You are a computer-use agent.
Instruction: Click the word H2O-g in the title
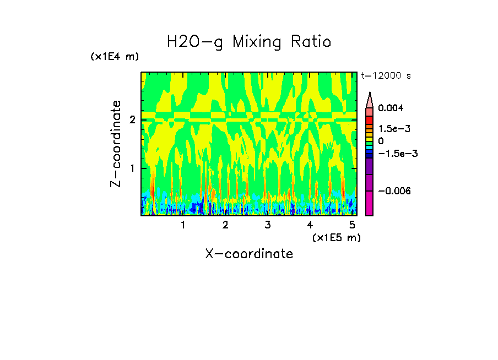[195, 42]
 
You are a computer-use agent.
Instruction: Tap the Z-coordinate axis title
[116, 144]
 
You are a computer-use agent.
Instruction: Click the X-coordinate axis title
[249, 254]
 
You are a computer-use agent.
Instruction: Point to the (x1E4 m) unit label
[115, 57]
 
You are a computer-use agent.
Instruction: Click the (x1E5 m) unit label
[336, 237]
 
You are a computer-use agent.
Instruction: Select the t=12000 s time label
[386, 75]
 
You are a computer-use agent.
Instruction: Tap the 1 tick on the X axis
[183, 225]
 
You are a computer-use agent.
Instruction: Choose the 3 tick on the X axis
[267, 225]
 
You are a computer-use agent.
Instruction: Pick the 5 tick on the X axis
[351, 225]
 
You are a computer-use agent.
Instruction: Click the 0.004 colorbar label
[391, 108]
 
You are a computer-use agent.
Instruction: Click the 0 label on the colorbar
[381, 141]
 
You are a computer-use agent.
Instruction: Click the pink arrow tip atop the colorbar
[370, 99]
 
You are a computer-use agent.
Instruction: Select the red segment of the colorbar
[370, 119]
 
